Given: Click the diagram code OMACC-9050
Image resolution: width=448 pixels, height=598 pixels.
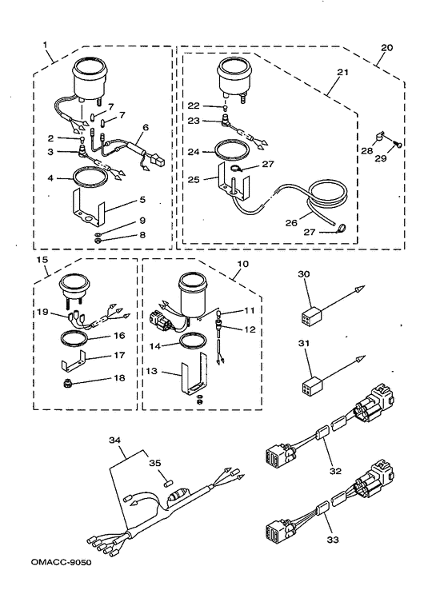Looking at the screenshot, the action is [62, 563].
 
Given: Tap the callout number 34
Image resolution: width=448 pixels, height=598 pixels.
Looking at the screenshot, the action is [115, 440].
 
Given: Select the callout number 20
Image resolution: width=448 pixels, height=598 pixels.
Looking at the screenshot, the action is [387, 48].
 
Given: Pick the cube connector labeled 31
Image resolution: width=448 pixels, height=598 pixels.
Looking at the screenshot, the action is [310, 385].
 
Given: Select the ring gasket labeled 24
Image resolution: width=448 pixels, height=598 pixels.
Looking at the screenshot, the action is [232, 150].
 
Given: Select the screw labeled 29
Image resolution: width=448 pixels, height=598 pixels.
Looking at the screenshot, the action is [397, 144].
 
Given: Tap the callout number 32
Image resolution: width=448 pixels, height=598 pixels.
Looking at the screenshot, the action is [335, 472].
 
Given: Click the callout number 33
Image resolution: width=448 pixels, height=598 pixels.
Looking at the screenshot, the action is [333, 540].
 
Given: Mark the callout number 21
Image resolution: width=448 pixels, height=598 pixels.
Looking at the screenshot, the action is [342, 72].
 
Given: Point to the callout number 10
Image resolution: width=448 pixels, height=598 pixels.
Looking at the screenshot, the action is [242, 264].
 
